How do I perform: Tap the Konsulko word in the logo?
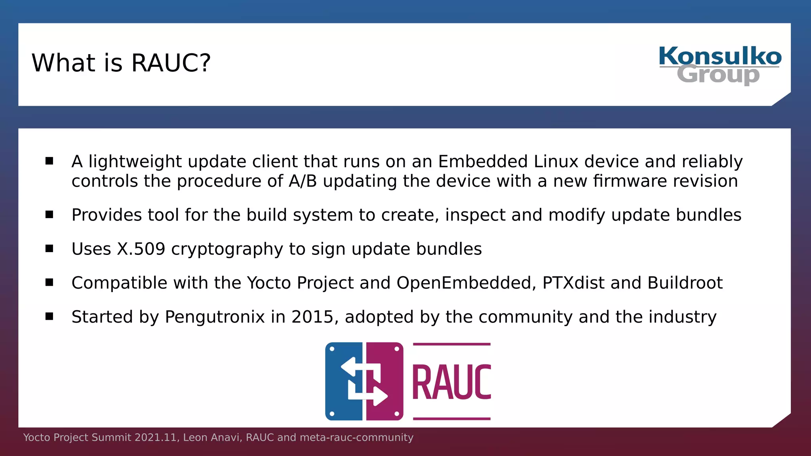point(720,57)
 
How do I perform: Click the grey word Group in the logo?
point(718,75)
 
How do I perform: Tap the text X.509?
point(141,249)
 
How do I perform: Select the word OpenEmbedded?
point(466,283)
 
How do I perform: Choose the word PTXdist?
point(573,283)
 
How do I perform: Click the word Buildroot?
point(685,283)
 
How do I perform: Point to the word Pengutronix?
point(215,317)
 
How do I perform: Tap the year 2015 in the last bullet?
point(312,317)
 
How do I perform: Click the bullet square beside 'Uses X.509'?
point(49,249)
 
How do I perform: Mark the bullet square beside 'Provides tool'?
point(49,215)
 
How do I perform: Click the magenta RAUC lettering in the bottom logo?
point(451,382)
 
